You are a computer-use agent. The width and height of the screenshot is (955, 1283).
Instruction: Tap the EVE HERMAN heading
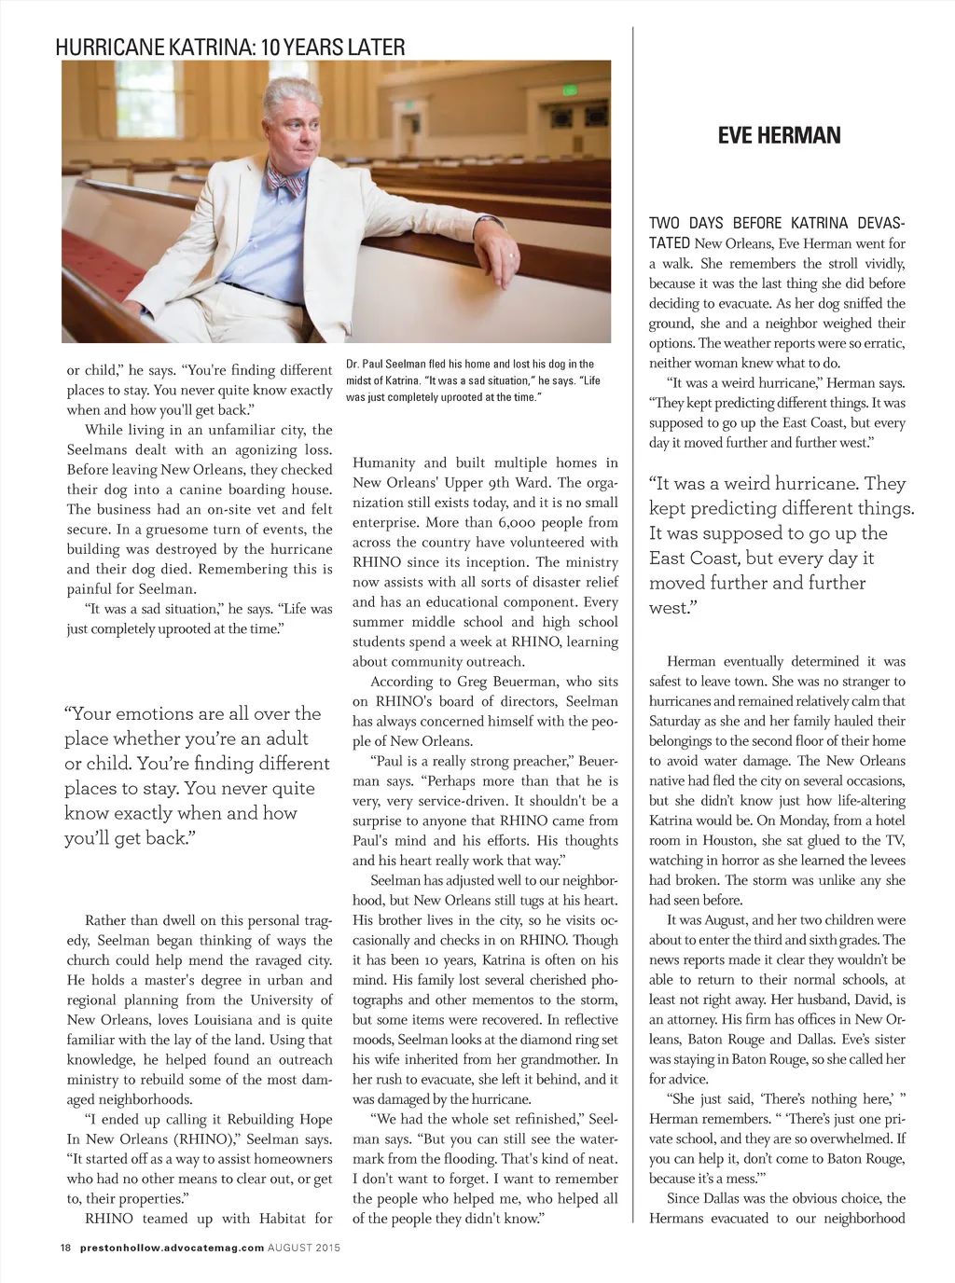pos(779,136)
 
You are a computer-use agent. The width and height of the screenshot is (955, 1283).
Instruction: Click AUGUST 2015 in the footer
pos(304,1247)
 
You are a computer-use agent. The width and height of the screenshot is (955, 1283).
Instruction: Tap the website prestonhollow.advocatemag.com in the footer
pos(172,1247)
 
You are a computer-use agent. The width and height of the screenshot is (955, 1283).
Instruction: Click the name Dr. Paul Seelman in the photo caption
pos(387,364)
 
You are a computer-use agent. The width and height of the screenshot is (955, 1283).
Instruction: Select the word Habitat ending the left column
pos(287,1219)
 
